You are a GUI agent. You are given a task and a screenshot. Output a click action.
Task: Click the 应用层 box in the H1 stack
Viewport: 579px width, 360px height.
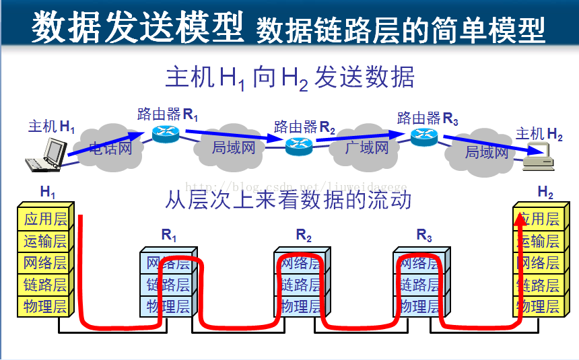pos(45,219)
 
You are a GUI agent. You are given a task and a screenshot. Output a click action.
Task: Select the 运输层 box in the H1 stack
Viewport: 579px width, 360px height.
pos(45,241)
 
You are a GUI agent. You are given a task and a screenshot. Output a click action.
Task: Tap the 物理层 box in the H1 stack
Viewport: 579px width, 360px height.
pos(45,307)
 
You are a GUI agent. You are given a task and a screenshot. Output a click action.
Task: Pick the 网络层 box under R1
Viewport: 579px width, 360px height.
pos(168,263)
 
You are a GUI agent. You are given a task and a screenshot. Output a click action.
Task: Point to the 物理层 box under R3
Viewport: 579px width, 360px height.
pos(421,307)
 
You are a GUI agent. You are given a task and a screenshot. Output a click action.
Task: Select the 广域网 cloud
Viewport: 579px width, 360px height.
pos(368,147)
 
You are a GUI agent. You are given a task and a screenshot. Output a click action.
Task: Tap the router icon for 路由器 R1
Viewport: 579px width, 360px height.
pos(164,133)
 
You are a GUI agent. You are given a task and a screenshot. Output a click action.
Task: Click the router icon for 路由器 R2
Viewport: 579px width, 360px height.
pos(300,145)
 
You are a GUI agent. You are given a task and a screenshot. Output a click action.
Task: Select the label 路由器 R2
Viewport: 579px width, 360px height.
pos(304,127)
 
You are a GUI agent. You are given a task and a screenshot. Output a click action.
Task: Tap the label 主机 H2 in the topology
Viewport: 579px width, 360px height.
pos(539,134)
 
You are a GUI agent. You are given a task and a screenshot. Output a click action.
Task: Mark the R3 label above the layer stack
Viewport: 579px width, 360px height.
pos(423,235)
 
